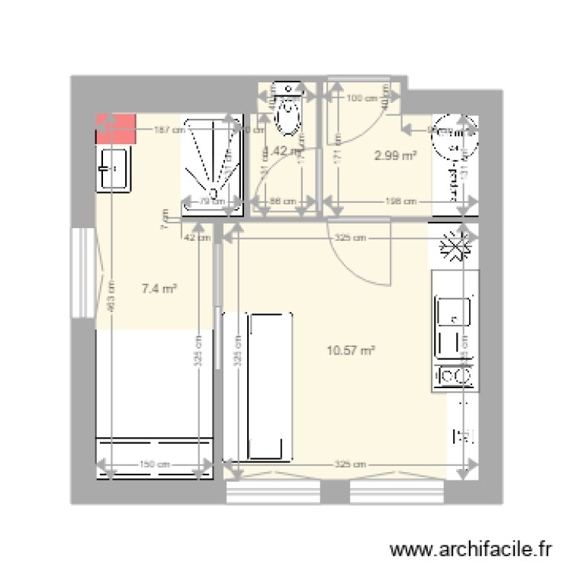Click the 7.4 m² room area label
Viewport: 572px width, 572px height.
pos(159,288)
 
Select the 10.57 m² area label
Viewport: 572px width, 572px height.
pos(351,351)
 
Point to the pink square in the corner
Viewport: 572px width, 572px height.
pos(115,129)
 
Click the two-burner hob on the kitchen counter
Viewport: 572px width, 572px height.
pos(455,376)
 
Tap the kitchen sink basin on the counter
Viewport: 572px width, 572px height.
pos(453,311)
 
